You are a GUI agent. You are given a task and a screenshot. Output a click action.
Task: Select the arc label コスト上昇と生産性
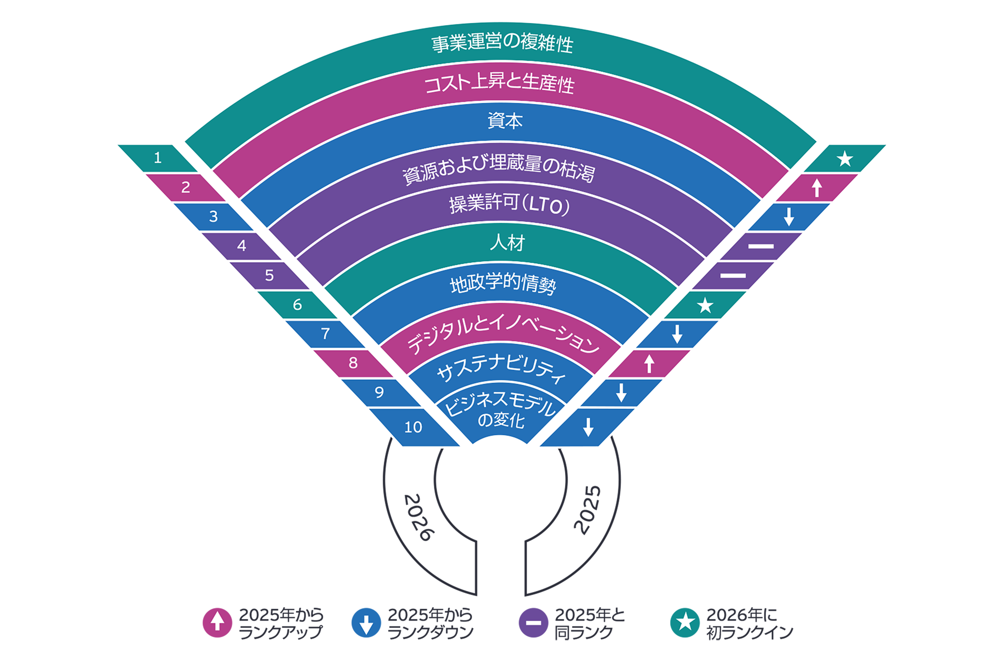point(499,83)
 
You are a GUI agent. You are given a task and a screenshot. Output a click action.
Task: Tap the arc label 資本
point(505,121)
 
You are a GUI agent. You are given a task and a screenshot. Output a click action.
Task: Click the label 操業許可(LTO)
point(509,204)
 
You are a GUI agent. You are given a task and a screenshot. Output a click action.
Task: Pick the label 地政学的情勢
point(503,284)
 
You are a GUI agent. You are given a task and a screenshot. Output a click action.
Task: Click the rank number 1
point(158,158)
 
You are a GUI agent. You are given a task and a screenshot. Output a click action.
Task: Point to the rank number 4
point(242,245)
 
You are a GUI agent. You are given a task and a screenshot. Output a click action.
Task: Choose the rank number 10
point(413,427)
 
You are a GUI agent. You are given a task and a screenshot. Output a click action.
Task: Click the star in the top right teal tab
point(845,159)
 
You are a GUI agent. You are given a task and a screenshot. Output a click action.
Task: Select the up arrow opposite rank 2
point(817,188)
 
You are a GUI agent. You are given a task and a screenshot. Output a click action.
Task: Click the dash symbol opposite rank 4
point(761,246)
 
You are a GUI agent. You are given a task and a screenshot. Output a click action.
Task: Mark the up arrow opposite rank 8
point(649,363)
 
